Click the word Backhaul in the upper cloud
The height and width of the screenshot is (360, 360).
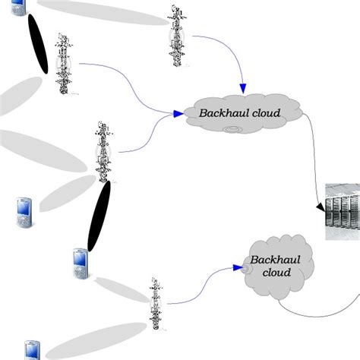[x=225, y=114]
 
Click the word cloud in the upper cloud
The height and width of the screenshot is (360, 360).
[x=267, y=114]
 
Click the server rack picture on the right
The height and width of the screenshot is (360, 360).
[x=343, y=212]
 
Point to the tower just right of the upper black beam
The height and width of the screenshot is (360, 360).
[x=65, y=64]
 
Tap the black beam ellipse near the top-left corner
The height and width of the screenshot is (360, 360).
[x=38, y=46]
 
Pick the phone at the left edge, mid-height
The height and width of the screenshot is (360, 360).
[x=22, y=213]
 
